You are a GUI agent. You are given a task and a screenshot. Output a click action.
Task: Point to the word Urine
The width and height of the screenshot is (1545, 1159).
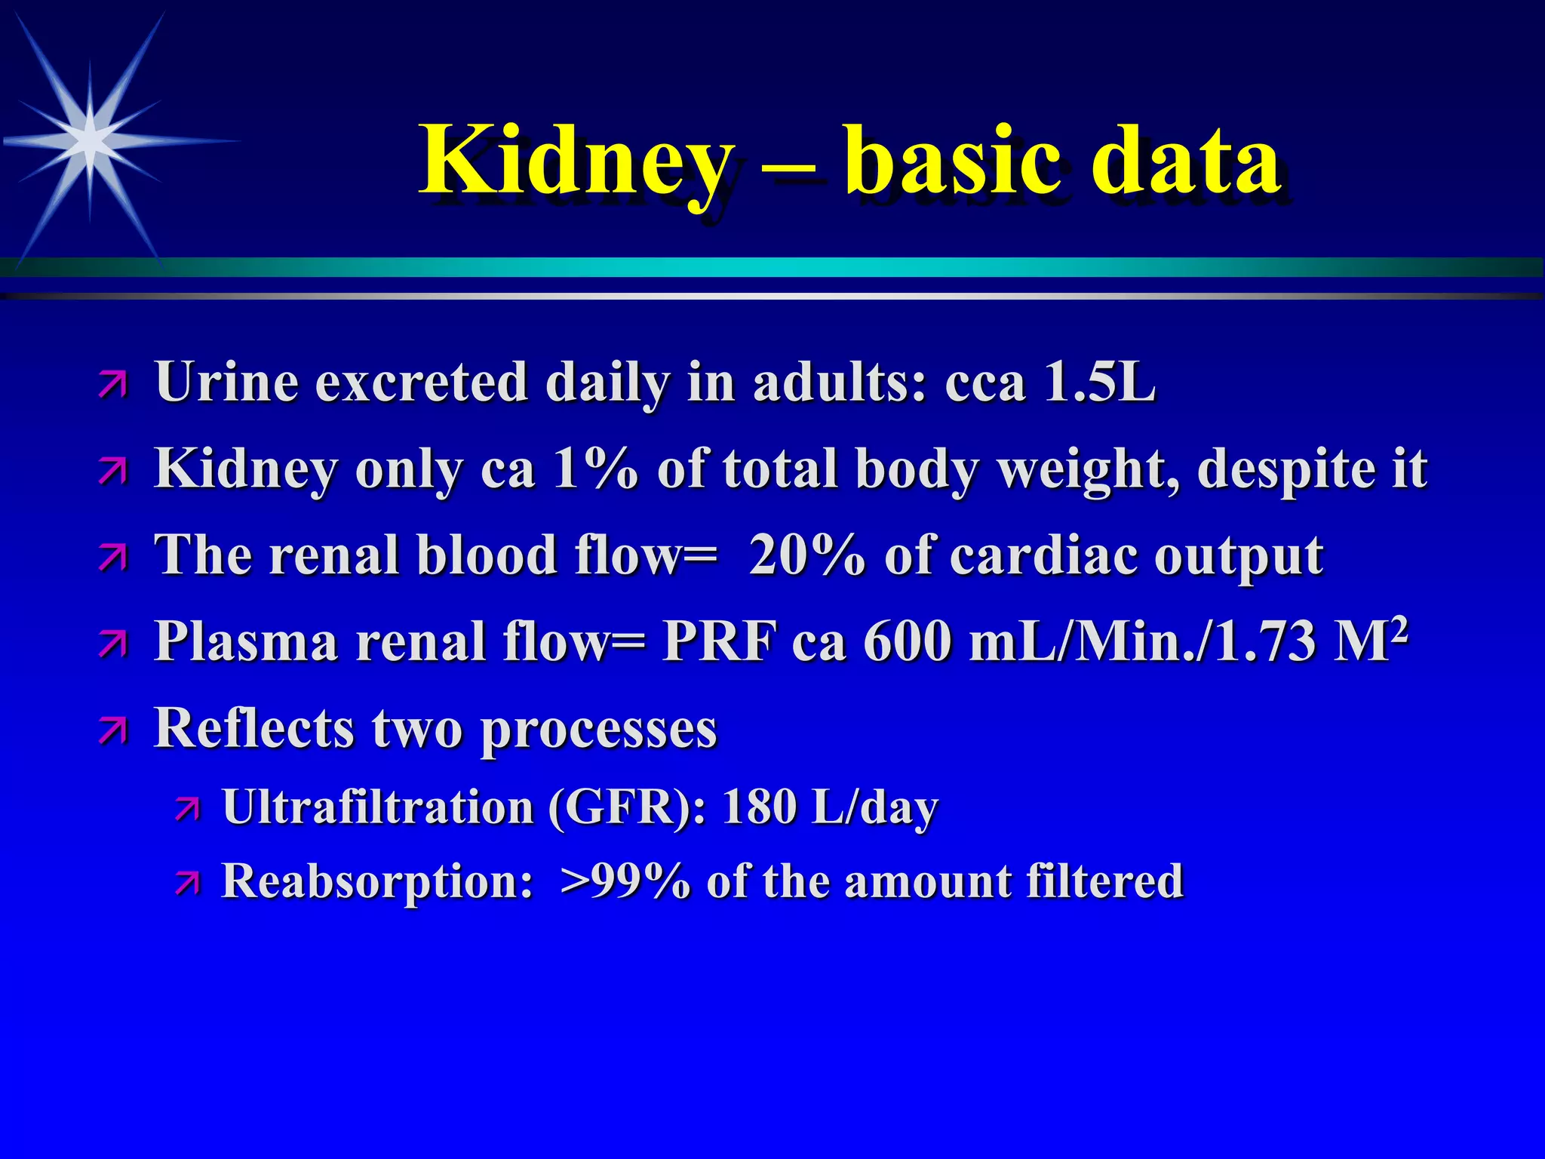[x=226, y=382]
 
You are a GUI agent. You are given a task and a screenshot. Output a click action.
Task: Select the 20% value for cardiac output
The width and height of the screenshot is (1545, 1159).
[x=806, y=555]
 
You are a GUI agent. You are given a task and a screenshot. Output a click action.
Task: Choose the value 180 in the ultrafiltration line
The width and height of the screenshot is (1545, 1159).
[x=757, y=807]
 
